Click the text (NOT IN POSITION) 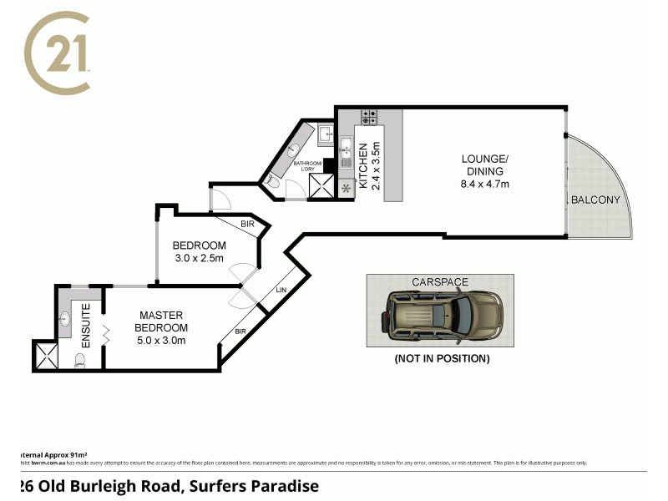tap(441, 358)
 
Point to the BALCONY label tap(595, 200)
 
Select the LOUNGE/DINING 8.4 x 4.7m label tap(485, 171)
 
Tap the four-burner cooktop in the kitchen tap(371, 118)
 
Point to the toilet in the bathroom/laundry tap(273, 180)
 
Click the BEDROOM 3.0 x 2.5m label tap(199, 251)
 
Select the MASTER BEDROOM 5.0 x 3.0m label tap(162, 327)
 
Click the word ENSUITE tap(86, 326)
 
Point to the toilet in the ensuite tap(81, 361)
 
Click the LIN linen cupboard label tap(281, 290)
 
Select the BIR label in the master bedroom tap(240, 331)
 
